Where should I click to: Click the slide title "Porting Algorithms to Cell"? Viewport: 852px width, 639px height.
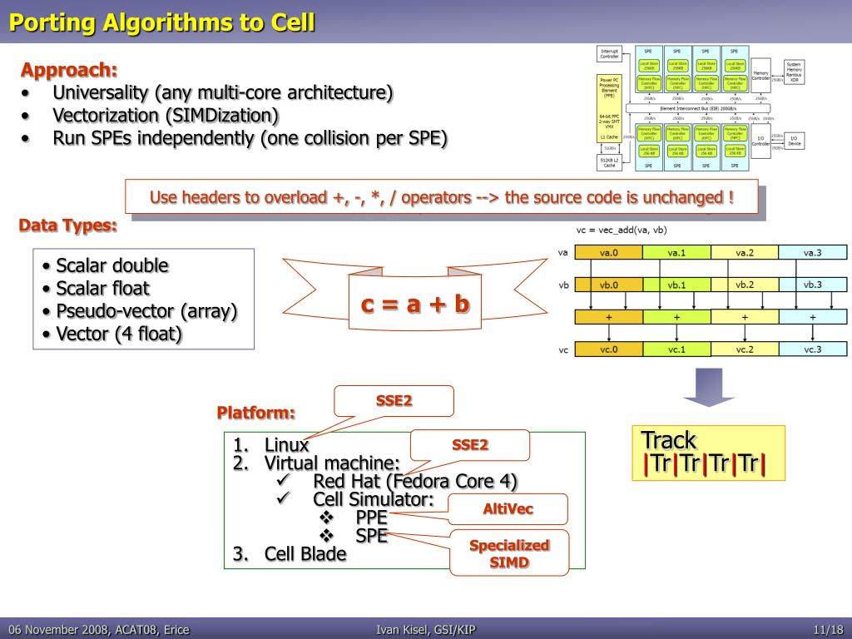tap(162, 22)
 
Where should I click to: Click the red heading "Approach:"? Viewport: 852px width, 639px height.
tap(69, 70)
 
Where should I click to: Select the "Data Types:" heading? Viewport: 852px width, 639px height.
tap(68, 225)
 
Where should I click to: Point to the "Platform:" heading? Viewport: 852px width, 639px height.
tap(256, 413)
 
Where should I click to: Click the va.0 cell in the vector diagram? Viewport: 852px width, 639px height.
tap(609, 253)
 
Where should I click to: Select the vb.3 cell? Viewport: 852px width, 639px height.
tap(812, 285)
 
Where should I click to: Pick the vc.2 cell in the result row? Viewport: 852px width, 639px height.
tap(745, 349)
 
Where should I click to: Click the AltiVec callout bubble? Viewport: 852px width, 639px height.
tap(508, 509)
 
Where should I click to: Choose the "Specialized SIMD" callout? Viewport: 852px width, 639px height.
tap(509, 553)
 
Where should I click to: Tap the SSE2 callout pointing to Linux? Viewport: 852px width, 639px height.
tap(394, 400)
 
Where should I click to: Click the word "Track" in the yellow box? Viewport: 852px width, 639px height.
tap(668, 440)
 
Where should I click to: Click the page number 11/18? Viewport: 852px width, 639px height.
tap(829, 630)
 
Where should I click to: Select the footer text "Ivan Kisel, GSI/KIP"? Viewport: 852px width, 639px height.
tap(426, 630)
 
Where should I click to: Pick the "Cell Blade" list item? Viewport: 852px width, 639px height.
tap(305, 554)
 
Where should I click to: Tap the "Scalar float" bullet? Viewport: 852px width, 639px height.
tap(102, 289)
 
